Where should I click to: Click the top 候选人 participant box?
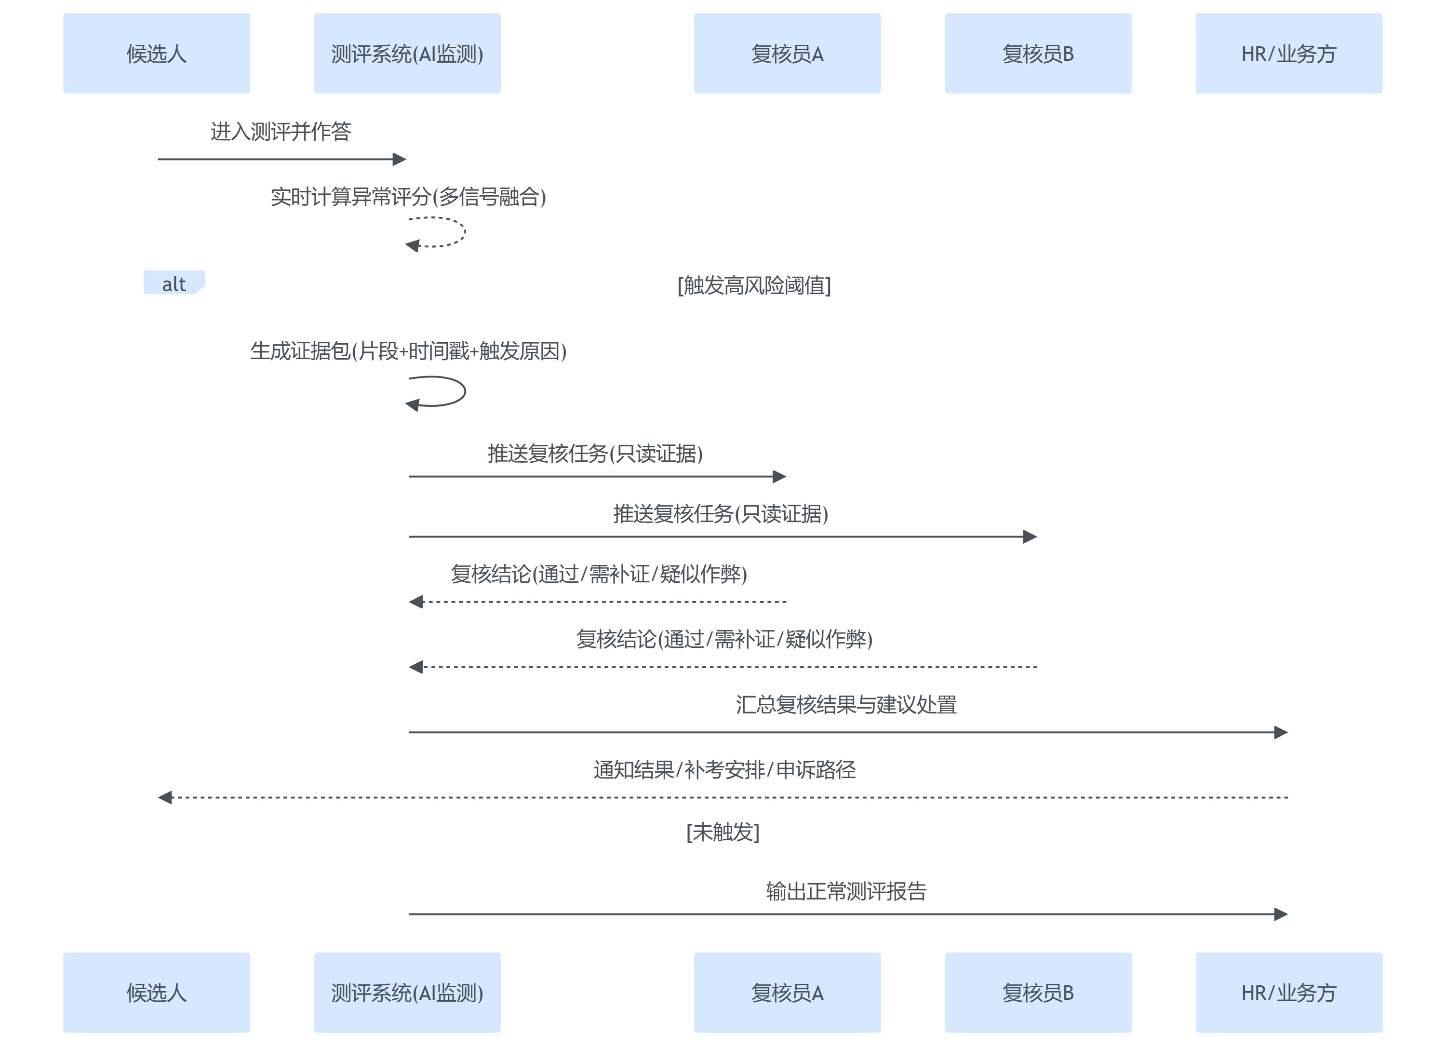point(156,54)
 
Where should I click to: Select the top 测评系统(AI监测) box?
point(407,54)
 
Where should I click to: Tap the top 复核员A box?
point(787,54)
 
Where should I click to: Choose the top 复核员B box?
point(1037,54)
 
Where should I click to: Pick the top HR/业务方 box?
point(1288,54)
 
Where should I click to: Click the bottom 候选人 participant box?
point(156,992)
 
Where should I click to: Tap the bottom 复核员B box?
point(1037,992)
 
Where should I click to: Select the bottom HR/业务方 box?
point(1288,992)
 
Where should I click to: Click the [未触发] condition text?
point(723,832)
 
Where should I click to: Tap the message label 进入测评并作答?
point(281,131)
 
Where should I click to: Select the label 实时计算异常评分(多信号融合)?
point(408,196)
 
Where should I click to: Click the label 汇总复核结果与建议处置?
point(846,705)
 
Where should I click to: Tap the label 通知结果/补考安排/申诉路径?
point(724,770)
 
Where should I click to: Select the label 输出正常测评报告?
point(846,891)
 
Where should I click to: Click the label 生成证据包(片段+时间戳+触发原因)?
point(408,351)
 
